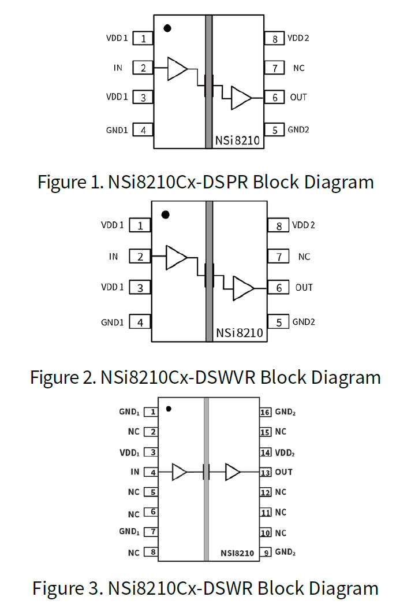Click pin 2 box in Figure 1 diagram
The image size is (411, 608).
click(x=143, y=68)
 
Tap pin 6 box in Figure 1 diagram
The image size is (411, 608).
click(x=275, y=97)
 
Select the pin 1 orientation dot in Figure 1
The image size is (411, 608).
click(x=167, y=28)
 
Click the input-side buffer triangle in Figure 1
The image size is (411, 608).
click(x=176, y=69)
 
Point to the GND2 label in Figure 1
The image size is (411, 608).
click(x=298, y=129)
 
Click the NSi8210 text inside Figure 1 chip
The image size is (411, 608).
click(x=238, y=140)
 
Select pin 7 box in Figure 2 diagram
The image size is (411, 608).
click(x=279, y=256)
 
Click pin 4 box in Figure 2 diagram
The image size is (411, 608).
click(x=140, y=322)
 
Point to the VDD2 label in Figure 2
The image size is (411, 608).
click(x=304, y=225)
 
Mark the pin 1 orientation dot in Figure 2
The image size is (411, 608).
click(x=165, y=214)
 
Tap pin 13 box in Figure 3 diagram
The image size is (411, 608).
click(x=266, y=472)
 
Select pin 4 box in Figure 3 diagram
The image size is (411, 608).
click(x=151, y=472)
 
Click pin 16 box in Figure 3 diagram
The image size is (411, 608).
click(x=266, y=412)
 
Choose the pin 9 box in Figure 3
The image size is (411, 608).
click(x=266, y=552)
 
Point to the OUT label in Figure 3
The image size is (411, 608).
click(x=284, y=472)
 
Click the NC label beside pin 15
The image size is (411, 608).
click(x=281, y=432)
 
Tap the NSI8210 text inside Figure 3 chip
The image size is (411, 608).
click(x=237, y=553)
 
